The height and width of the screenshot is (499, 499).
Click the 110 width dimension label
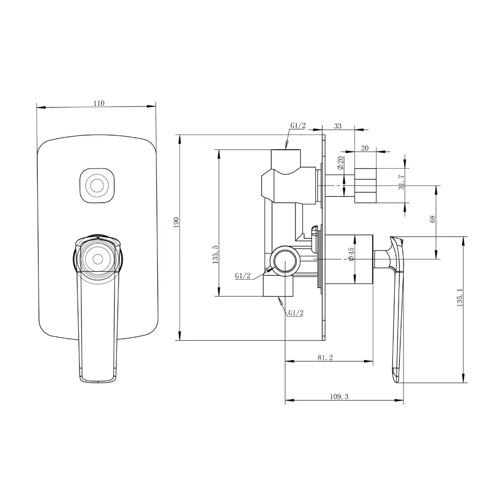pos(98,103)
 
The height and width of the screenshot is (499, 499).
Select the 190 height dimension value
pos(176,222)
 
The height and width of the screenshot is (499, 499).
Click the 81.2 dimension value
pos(325,358)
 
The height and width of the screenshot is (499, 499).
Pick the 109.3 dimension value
pos(339,397)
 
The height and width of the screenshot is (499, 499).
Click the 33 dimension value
pos(338,126)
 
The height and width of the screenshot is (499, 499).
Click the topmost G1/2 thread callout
pos(298,126)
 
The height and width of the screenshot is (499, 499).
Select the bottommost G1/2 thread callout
pos(295,313)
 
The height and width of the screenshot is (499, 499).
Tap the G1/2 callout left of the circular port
pos(243,276)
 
